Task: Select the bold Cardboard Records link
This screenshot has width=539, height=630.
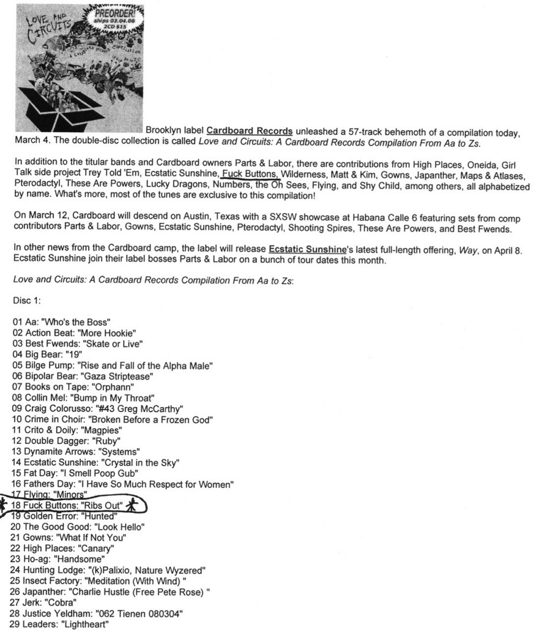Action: pyautogui.click(x=249, y=131)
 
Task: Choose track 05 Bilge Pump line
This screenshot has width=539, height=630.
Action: pyautogui.click(x=112, y=366)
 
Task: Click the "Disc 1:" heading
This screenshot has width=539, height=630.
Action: pyautogui.click(x=26, y=301)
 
